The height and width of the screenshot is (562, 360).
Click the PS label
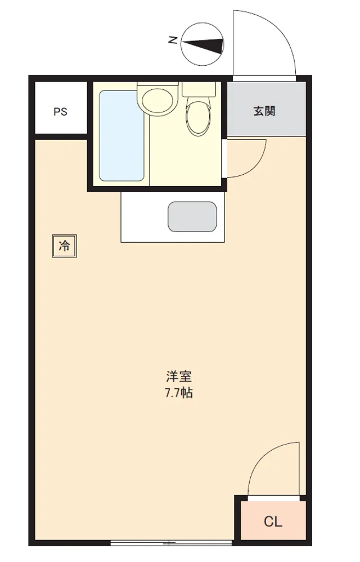[60, 111]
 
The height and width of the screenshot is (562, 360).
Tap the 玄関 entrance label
[264, 111]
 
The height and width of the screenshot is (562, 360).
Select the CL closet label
[273, 522]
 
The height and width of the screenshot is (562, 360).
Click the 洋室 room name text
[178, 377]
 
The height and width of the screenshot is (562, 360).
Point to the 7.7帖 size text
[178, 393]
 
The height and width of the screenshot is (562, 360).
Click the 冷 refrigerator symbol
[65, 246]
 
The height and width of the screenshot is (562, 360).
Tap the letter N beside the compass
[173, 40]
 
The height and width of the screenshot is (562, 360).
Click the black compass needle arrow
[203, 45]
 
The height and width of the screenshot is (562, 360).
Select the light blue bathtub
[121, 136]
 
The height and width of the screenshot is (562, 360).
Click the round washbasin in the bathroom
[157, 101]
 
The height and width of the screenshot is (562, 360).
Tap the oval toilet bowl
[197, 118]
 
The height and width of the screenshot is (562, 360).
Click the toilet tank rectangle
[199, 89]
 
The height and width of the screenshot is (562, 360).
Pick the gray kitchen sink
[192, 217]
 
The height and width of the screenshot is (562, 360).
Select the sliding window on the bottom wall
[172, 543]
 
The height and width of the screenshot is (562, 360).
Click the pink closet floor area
[273, 520]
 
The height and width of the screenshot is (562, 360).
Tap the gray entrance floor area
[267, 109]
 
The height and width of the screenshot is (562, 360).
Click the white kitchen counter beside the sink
[144, 217]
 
